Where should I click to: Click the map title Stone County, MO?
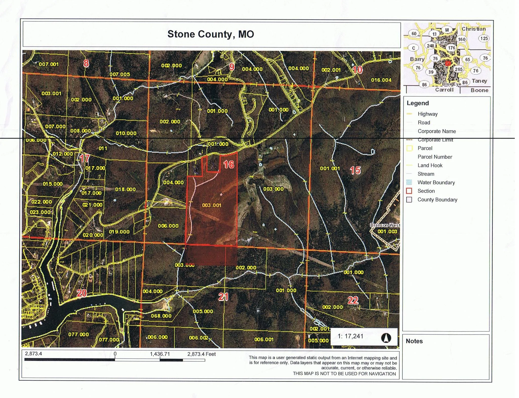point(211,34)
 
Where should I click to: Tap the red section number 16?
point(229,165)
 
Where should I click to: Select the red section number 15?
point(355,170)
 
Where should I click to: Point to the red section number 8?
point(86,63)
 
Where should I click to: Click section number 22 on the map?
point(353,300)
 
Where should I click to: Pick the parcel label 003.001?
point(212,205)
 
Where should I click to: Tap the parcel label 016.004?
point(381,80)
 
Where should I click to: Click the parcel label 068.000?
point(161,316)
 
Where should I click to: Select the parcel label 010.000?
point(126,133)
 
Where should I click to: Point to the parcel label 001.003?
point(387,231)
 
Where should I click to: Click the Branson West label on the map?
point(385,225)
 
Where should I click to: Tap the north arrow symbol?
point(386,338)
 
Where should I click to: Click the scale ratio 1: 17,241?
point(350,336)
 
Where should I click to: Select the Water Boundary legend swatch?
point(409,182)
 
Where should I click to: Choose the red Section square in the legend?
point(409,191)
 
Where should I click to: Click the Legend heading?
point(418,103)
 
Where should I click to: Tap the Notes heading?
point(414,341)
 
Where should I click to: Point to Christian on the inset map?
point(473,29)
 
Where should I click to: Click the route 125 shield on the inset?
point(484,38)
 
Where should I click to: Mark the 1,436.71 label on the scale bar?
point(160,354)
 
